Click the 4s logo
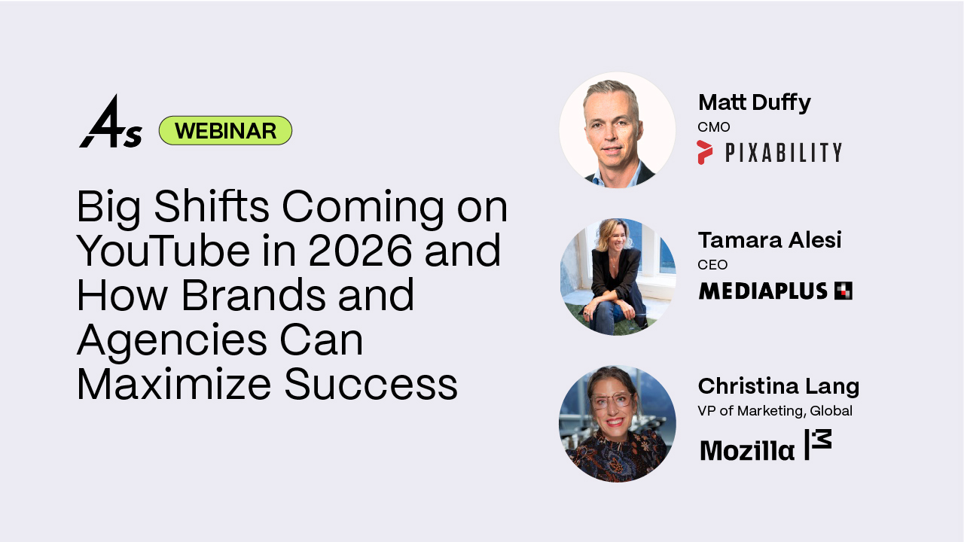click(110, 123)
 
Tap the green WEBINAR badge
click(225, 131)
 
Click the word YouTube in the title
click(161, 251)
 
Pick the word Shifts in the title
click(219, 207)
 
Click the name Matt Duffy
click(754, 102)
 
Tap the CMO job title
click(713, 127)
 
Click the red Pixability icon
click(704, 152)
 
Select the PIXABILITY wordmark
click(783, 153)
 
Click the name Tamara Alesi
click(769, 240)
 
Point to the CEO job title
click(712, 264)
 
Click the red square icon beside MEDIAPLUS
click(843, 291)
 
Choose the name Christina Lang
click(778, 386)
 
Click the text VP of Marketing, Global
click(775, 411)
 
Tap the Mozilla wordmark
click(746, 450)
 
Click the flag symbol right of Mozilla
click(818, 444)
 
